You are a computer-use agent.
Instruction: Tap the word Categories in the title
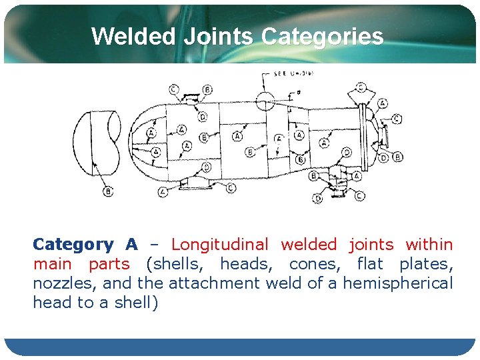323,36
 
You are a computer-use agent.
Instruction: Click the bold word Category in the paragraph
73,245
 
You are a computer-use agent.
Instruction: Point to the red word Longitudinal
220,245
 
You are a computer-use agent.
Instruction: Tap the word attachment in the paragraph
214,283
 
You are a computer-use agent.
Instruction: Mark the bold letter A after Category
132,245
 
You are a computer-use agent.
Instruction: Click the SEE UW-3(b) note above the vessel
287,73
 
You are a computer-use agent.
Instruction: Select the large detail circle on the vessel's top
265,101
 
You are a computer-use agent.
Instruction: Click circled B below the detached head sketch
108,191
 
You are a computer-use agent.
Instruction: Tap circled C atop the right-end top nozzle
361,87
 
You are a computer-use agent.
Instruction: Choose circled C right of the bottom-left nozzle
231,188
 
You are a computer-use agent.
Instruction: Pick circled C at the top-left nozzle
173,89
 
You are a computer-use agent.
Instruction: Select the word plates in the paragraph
433,264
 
